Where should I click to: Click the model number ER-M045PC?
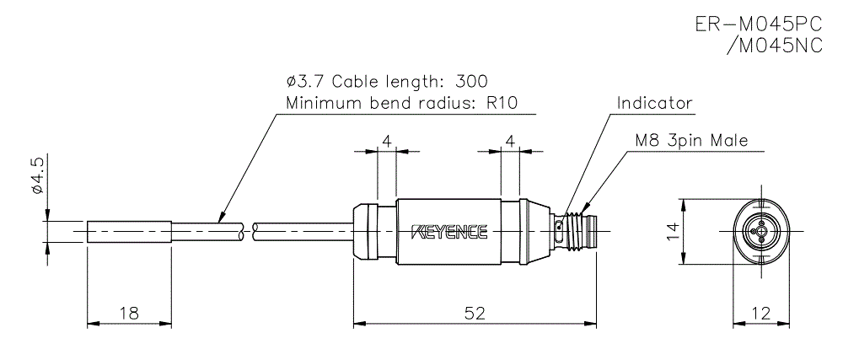758,25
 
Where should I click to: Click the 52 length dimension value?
475,313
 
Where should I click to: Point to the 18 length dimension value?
129,313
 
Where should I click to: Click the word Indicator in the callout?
654,103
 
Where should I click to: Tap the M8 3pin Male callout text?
692,141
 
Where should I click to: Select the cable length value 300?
471,82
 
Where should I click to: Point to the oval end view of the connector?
760,230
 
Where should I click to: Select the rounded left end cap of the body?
365,231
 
